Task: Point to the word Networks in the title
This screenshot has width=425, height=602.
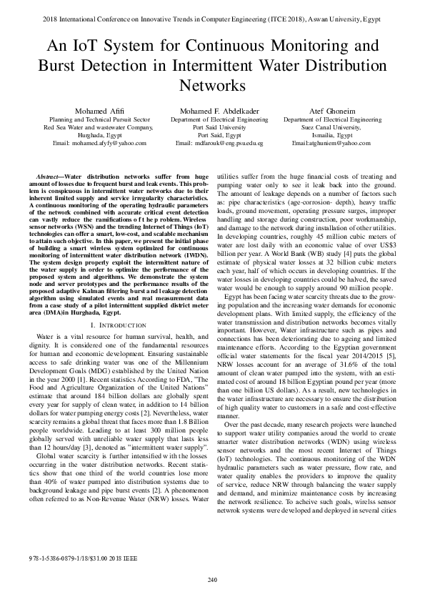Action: pos(212,85)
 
